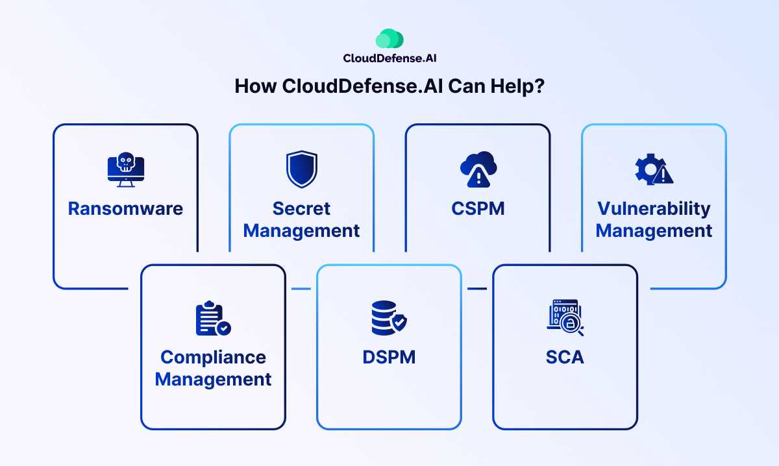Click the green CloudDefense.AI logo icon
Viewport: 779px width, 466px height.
click(389, 39)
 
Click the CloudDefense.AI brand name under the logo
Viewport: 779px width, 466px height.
click(389, 58)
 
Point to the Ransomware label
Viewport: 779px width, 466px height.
click(125, 208)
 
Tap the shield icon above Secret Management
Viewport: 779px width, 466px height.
click(302, 169)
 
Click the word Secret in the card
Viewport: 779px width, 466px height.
click(302, 208)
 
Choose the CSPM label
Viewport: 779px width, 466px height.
click(478, 208)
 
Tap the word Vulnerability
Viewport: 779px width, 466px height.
click(654, 208)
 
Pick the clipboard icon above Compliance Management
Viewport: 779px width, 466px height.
click(213, 318)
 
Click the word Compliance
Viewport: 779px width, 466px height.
click(213, 357)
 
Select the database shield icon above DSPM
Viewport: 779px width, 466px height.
click(388, 318)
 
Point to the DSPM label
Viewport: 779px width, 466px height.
click(389, 357)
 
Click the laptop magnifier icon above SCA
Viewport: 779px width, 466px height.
click(565, 317)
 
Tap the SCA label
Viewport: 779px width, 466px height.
click(565, 357)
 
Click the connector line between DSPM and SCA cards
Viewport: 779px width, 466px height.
click(477, 288)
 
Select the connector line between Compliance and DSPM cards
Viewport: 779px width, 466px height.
click(301, 288)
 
